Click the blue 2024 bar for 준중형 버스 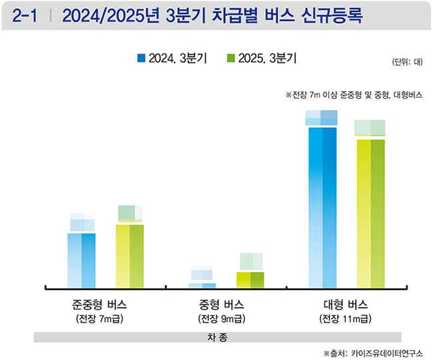(82, 260)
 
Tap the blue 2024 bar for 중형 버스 (202, 285)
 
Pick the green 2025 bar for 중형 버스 (250, 280)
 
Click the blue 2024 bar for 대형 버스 (321, 207)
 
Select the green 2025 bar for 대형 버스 (370, 213)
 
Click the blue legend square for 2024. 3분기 (141, 59)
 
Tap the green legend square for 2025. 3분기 (231, 59)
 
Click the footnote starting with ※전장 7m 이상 (354, 95)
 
